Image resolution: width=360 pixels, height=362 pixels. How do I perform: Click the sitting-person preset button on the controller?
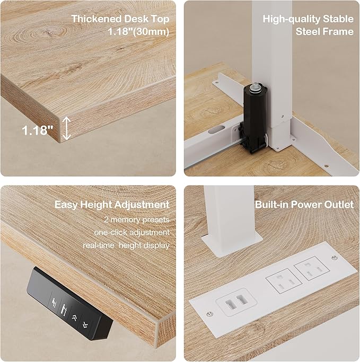(55, 302)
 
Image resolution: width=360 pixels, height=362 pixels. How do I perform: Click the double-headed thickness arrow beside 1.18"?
(67, 129)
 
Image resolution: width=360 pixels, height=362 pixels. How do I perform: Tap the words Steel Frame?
(324, 32)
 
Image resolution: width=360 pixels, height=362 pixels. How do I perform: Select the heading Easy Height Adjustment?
(112, 205)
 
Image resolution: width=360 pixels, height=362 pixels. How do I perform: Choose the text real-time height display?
(126, 245)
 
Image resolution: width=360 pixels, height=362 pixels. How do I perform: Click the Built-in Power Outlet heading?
(304, 205)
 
